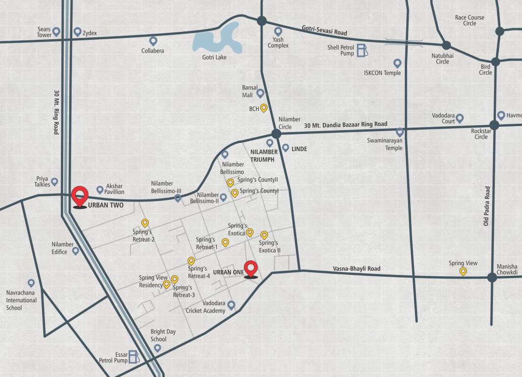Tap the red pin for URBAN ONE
(x=251, y=269)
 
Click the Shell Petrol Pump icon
(x=361, y=50)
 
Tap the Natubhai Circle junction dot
(x=446, y=45)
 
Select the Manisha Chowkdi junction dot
(x=492, y=277)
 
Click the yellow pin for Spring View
(x=463, y=271)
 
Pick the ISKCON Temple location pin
(x=397, y=63)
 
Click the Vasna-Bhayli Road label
(x=357, y=269)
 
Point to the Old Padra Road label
(x=487, y=206)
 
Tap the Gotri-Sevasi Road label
(x=324, y=30)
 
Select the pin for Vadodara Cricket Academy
(x=231, y=305)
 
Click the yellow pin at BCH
(x=263, y=108)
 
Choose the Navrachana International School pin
(x=31, y=283)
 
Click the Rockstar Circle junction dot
(x=494, y=125)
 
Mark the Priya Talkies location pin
(x=54, y=182)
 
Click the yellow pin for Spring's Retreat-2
(x=145, y=223)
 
